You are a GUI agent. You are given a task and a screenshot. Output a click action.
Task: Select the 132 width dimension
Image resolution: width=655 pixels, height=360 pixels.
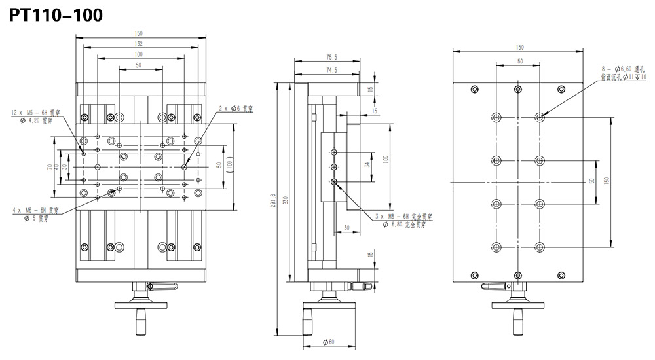pyautogui.click(x=139, y=43)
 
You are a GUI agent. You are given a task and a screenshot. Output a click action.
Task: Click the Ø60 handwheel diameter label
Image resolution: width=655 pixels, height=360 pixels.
pyautogui.click(x=329, y=342)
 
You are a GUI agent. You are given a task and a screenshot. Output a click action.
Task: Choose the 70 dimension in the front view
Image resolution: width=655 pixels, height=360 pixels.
pyautogui.click(x=50, y=168)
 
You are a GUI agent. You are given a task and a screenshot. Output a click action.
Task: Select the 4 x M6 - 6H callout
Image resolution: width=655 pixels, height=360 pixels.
pyautogui.click(x=36, y=211)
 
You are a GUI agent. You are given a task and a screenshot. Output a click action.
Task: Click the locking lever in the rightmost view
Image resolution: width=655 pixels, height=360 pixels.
pyautogui.click(x=494, y=286)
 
